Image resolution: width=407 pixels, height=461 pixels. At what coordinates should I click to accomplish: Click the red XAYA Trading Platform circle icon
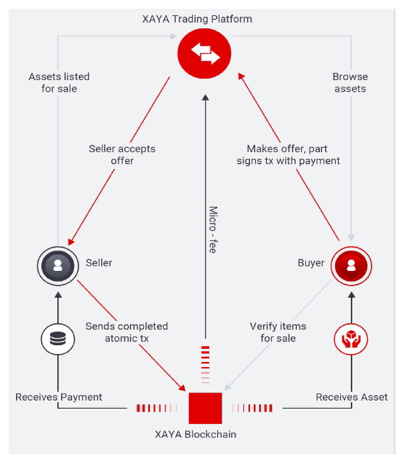[x=204, y=53]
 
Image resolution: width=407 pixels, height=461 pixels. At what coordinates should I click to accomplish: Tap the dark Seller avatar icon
[x=58, y=266]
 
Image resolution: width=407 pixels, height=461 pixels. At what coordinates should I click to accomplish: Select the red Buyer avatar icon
[x=351, y=266]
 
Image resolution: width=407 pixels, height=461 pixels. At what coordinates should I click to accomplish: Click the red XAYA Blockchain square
[x=205, y=408]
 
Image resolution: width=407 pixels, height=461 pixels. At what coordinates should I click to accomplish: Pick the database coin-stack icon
[x=58, y=339]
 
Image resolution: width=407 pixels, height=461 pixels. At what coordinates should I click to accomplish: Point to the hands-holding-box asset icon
[x=351, y=339]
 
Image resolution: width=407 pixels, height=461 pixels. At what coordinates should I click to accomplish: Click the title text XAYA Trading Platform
[x=197, y=19]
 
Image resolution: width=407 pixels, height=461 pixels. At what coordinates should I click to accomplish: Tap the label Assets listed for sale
[x=59, y=82]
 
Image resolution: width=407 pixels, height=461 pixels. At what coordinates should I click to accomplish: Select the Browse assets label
[x=350, y=82]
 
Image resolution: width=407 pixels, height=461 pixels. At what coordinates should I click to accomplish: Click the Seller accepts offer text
[x=122, y=154]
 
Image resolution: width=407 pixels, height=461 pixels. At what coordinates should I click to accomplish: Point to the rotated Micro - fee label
[x=213, y=229]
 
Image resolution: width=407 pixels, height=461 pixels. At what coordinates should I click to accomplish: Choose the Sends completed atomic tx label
[x=126, y=332]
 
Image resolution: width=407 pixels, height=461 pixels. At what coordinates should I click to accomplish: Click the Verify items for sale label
[x=278, y=332]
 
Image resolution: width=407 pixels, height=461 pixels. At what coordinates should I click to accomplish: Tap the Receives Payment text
[x=59, y=397]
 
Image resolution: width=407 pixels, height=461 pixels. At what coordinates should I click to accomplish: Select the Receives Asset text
[x=352, y=397]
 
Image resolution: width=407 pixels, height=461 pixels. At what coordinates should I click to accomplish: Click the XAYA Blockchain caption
[x=196, y=435]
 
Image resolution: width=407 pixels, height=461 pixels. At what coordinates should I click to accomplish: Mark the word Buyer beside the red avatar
[x=311, y=263]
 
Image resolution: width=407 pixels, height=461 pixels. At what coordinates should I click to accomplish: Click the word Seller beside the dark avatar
[x=99, y=263]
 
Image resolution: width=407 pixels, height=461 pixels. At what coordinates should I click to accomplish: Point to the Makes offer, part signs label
[x=288, y=154]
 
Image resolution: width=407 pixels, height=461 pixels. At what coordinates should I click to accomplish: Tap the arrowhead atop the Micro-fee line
[x=206, y=98]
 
